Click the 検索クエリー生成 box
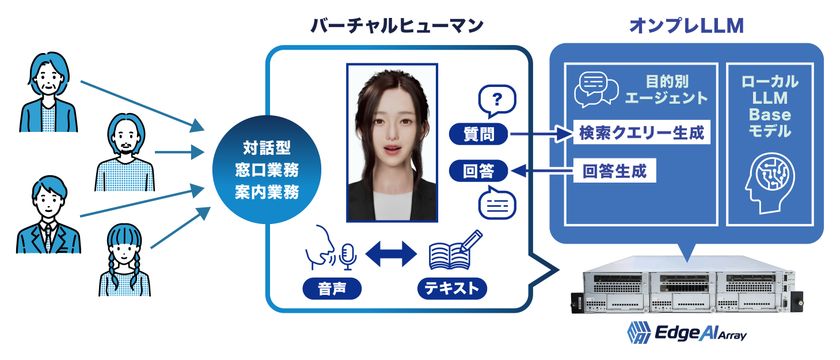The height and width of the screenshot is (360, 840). pyautogui.click(x=639, y=132)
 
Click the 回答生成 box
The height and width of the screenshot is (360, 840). pyautogui.click(x=613, y=170)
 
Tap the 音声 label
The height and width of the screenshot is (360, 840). pyautogui.click(x=329, y=290)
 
